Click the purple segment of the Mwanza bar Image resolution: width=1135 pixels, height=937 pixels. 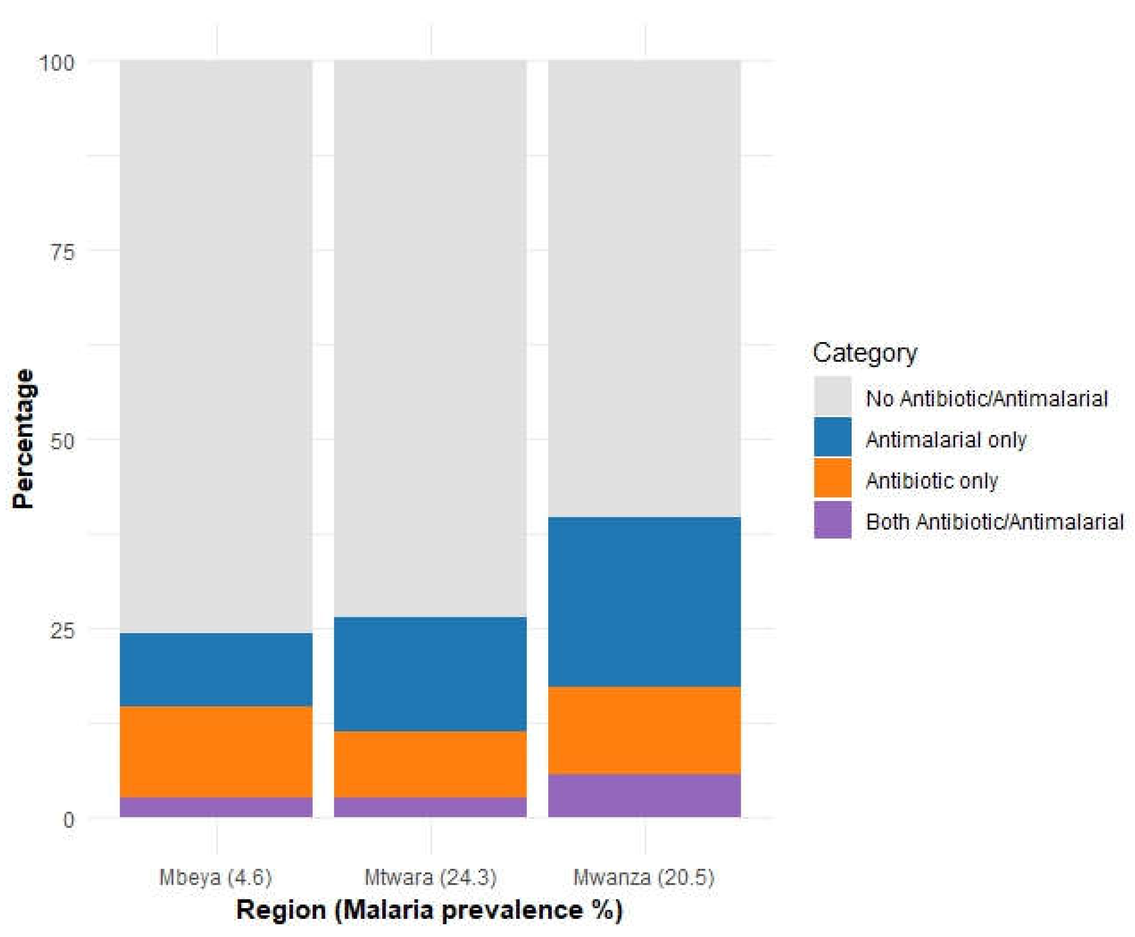click(x=644, y=796)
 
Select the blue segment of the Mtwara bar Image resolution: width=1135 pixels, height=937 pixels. click(x=430, y=674)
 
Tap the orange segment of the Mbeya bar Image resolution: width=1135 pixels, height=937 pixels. click(x=216, y=752)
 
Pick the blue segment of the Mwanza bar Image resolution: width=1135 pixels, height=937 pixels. click(x=644, y=602)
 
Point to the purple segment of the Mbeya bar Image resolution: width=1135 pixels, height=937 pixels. click(x=216, y=807)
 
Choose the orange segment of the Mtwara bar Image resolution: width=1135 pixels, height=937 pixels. click(x=430, y=764)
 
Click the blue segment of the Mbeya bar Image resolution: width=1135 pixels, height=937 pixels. click(x=216, y=670)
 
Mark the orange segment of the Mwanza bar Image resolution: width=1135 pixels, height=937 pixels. click(x=644, y=730)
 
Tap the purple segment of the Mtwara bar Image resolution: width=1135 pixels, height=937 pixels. click(x=430, y=807)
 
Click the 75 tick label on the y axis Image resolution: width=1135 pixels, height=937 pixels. click(x=62, y=252)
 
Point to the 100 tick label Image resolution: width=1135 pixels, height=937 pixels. click(x=56, y=63)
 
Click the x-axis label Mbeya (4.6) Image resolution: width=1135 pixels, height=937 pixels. click(x=215, y=877)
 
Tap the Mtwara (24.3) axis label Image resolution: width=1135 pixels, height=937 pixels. click(x=430, y=877)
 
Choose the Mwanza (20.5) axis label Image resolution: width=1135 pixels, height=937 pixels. click(x=643, y=877)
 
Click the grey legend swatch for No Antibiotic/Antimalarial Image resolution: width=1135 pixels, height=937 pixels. click(x=833, y=397)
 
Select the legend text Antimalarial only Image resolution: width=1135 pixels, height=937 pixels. click(x=945, y=440)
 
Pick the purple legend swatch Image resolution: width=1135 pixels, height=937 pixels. click(x=833, y=520)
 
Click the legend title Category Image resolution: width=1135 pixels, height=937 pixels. click(x=865, y=353)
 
